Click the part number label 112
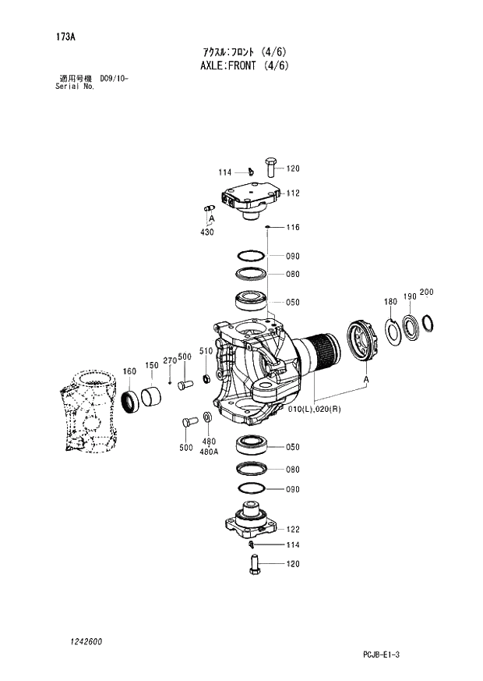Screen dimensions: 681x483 [293, 193]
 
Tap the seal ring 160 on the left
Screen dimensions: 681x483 [130, 400]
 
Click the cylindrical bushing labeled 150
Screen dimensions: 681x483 [152, 396]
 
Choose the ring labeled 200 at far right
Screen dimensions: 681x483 [427, 321]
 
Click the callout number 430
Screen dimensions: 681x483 [206, 232]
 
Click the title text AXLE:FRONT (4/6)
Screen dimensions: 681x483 [245, 66]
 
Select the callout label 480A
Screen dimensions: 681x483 [209, 451]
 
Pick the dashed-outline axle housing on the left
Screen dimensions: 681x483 [87, 412]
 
